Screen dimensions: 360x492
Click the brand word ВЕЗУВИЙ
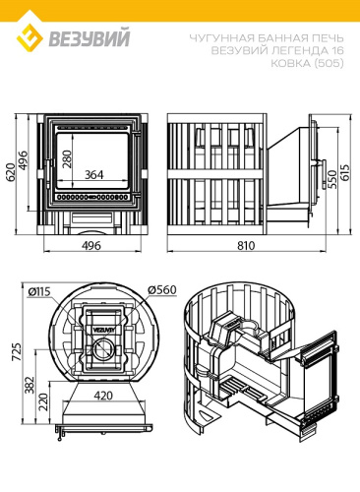pos(90,37)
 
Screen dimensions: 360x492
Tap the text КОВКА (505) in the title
pos(307,63)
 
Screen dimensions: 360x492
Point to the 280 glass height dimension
pos(67,158)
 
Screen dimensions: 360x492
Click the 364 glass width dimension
pos(93,174)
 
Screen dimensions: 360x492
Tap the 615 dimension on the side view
pos(345,172)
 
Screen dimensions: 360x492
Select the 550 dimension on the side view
pos(332,179)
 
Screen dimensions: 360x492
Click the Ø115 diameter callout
pos(39,291)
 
